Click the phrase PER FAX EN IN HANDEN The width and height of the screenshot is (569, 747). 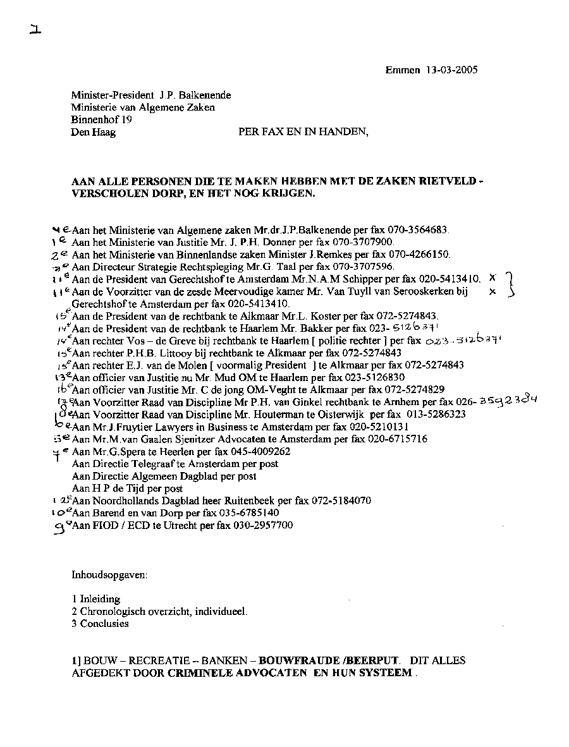[x=302, y=132]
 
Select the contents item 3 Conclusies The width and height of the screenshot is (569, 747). [x=100, y=624]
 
